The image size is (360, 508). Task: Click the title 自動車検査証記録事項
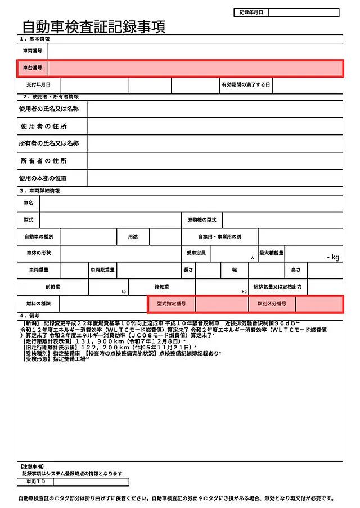pyautogui.click(x=94, y=26)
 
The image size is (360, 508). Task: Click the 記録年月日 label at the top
pyautogui.click(x=251, y=12)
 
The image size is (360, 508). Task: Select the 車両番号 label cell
pyautogui.click(x=32, y=51)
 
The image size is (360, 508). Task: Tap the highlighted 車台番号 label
pyautogui.click(x=32, y=68)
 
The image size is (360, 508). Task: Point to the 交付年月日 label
pyautogui.click(x=38, y=85)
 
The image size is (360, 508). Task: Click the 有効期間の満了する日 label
pyautogui.click(x=246, y=85)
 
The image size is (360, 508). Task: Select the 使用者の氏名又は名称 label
pyautogui.click(x=49, y=109)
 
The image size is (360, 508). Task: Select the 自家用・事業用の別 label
pyautogui.click(x=219, y=236)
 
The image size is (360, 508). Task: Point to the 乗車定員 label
pyautogui.click(x=196, y=253)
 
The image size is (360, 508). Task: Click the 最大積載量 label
pyautogui.click(x=272, y=253)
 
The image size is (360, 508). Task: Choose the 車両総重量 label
pyautogui.click(x=102, y=270)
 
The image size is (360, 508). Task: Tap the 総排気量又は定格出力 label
pyautogui.click(x=277, y=287)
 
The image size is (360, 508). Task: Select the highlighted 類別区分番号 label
pyautogui.click(x=272, y=304)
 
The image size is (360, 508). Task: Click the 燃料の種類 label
pyautogui.click(x=38, y=304)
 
